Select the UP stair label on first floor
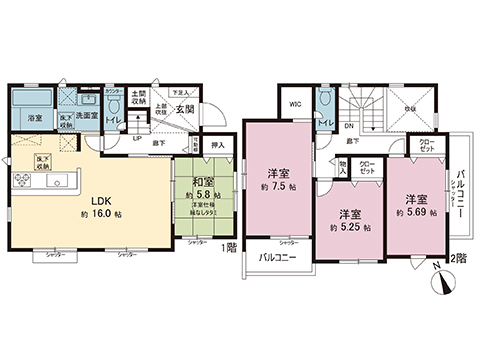tap(137, 139)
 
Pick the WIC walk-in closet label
tap(295, 103)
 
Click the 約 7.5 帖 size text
tap(277, 186)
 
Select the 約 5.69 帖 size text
tap(410, 213)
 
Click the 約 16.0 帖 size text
tap(89, 214)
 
